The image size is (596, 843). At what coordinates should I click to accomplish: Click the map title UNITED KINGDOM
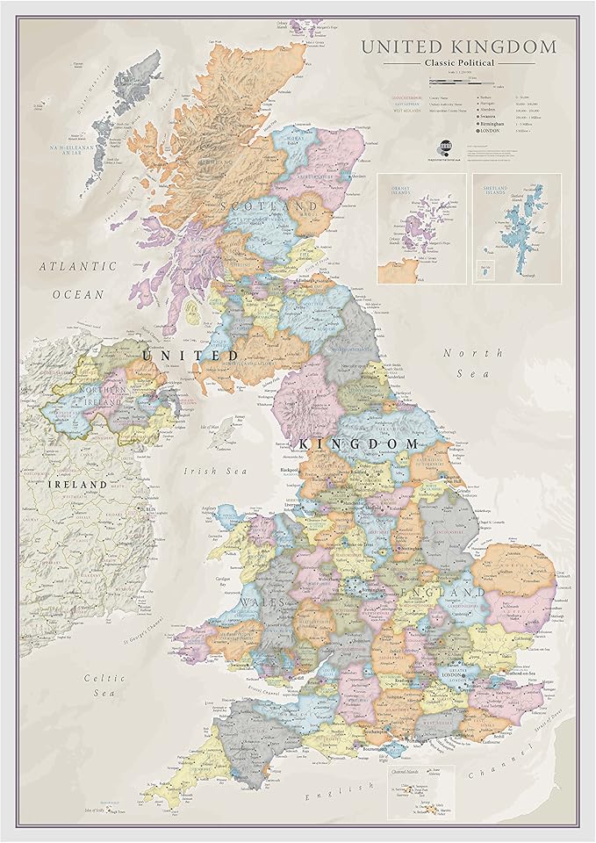click(x=458, y=47)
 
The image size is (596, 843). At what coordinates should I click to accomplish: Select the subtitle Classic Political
click(x=458, y=63)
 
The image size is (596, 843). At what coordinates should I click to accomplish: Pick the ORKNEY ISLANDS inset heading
click(x=396, y=190)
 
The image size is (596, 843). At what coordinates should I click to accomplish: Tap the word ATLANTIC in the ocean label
click(x=77, y=266)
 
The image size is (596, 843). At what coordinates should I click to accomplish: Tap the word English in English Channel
click(x=320, y=795)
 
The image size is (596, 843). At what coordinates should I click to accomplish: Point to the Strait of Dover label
click(x=545, y=702)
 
